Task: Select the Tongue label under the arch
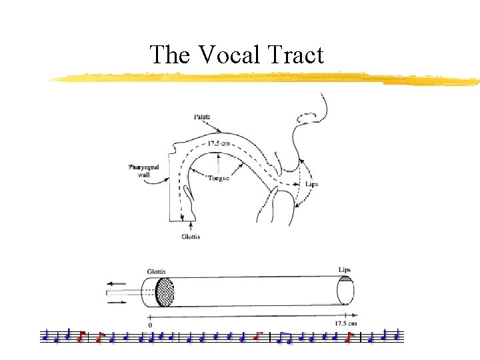point(217,178)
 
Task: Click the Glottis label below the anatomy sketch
point(191,236)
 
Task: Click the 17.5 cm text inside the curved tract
point(217,143)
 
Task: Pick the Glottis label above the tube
point(157,271)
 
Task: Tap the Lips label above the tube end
point(344,269)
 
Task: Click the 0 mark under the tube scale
point(150,325)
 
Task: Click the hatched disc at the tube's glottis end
point(164,293)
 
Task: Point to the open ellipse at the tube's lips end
point(345,291)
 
